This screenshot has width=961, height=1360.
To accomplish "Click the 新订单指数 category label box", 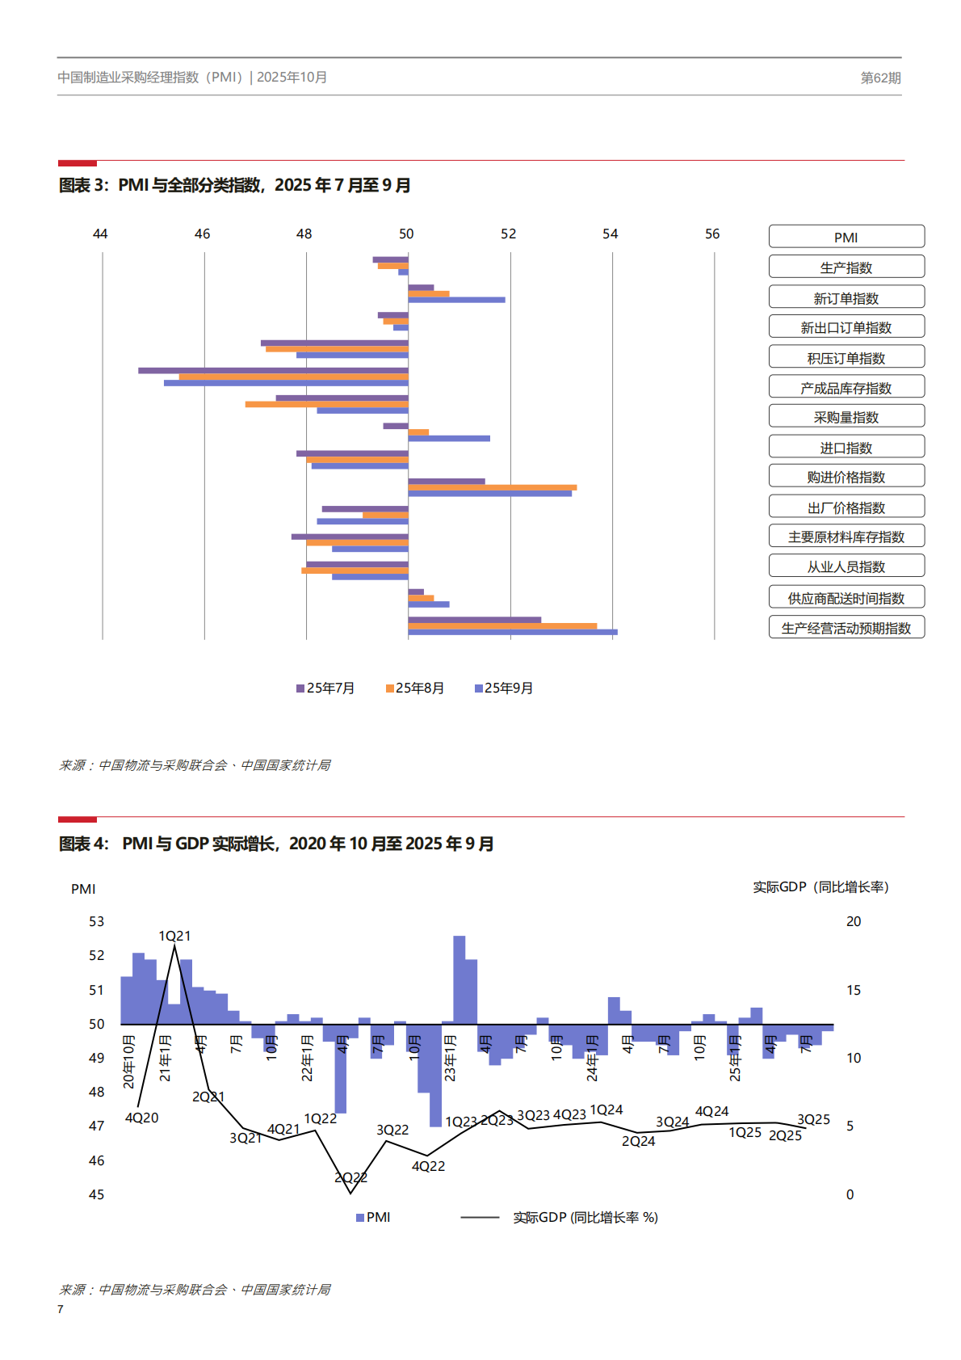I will pyautogui.click(x=846, y=297).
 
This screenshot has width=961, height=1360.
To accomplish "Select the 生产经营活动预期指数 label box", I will pyautogui.click(x=846, y=627).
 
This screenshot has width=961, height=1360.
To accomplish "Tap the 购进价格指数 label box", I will pyautogui.click(x=846, y=476).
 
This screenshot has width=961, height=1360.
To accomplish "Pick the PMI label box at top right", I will pyautogui.click(x=846, y=237).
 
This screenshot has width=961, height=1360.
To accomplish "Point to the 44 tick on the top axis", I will pyautogui.click(x=100, y=234).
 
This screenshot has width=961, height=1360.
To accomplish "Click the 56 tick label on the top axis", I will pyautogui.click(x=711, y=234).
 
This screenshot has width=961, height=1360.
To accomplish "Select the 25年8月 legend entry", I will pyautogui.click(x=415, y=688).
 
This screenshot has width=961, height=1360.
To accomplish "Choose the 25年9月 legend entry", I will pyautogui.click(x=504, y=688).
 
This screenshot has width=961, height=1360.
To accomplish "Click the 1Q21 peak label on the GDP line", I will pyautogui.click(x=174, y=936).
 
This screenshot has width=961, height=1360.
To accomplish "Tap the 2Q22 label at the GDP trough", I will pyautogui.click(x=350, y=1177).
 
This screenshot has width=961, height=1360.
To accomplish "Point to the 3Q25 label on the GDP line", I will pyautogui.click(x=813, y=1119).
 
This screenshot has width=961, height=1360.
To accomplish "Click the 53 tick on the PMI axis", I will pyautogui.click(x=96, y=921).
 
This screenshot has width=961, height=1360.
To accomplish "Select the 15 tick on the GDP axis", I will pyautogui.click(x=853, y=990).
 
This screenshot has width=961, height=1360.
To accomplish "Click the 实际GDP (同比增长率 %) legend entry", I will pyautogui.click(x=585, y=1217).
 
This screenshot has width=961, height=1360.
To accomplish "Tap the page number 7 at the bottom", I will pyautogui.click(x=61, y=1309).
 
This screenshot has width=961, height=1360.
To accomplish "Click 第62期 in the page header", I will pyautogui.click(x=880, y=78).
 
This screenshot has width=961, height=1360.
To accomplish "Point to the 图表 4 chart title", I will pyautogui.click(x=276, y=844).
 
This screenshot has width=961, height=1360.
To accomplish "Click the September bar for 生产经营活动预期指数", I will pyautogui.click(x=512, y=632).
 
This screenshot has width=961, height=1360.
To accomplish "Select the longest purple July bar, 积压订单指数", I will pyautogui.click(x=273, y=370).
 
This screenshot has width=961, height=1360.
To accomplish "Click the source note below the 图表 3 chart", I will pyautogui.click(x=195, y=764).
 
